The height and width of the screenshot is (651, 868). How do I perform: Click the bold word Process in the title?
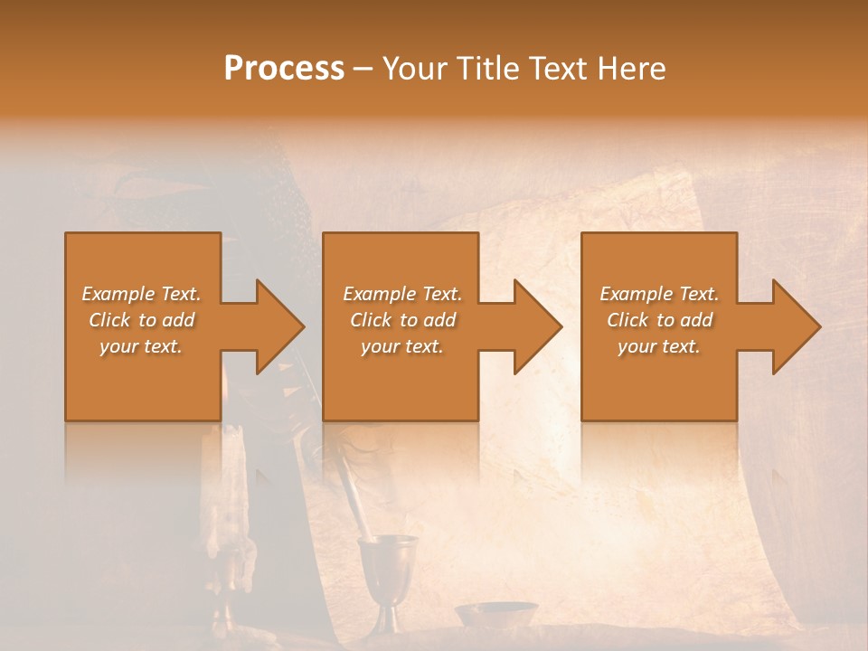tap(284, 69)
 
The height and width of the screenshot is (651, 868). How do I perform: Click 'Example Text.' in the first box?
tap(141, 294)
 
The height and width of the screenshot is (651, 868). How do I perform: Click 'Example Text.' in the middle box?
tap(401, 294)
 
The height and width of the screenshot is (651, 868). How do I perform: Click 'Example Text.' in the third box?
tap(659, 294)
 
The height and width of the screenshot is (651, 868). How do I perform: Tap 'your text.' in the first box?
tap(141, 346)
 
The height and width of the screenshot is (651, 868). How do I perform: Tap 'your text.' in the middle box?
tap(401, 346)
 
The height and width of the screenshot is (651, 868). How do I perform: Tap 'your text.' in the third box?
tap(659, 346)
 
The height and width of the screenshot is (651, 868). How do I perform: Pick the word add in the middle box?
tap(439, 320)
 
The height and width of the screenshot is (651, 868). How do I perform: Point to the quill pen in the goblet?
tap(348, 488)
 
